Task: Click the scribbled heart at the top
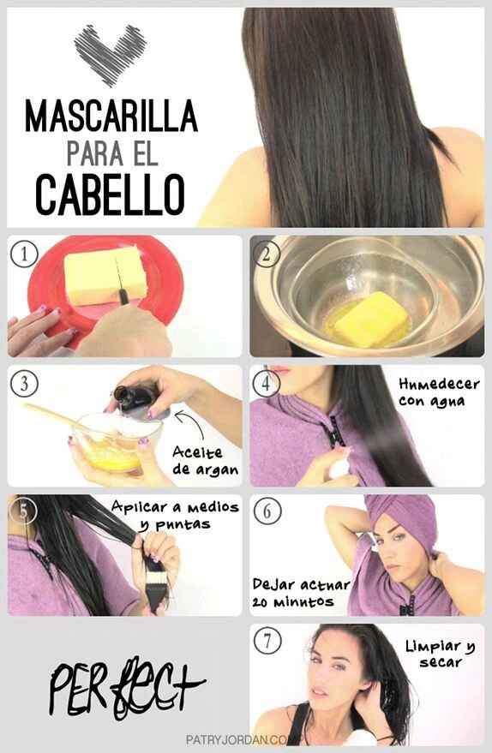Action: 110,53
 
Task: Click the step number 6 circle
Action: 267,511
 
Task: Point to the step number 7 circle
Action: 267,641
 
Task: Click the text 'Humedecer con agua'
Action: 438,392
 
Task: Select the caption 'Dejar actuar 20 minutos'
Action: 299,592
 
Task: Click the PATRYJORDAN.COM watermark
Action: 244,738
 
